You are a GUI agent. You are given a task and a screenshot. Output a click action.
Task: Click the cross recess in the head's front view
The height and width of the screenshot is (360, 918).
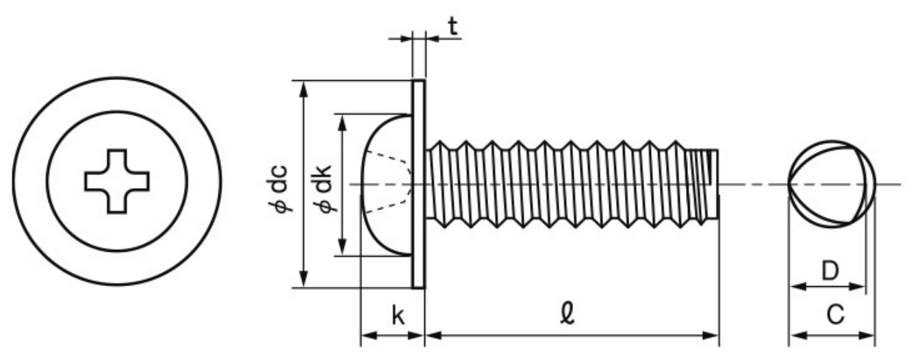pyautogui.click(x=116, y=181)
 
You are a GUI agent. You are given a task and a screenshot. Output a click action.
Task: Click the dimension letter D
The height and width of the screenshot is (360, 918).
pyautogui.click(x=830, y=271)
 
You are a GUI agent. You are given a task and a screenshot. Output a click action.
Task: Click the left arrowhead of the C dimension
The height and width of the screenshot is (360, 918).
pyautogui.click(x=795, y=335)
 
